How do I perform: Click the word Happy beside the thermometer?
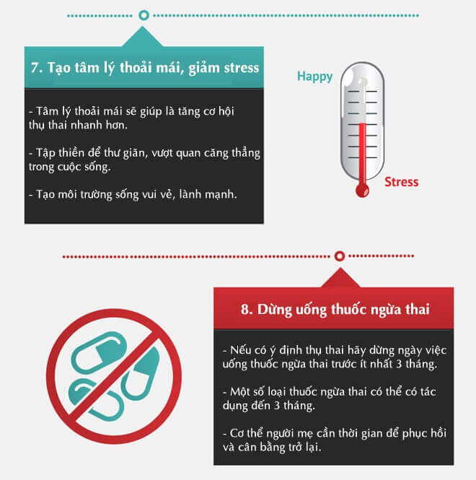click(314, 77)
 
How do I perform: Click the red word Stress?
click(402, 182)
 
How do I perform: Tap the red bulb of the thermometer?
click(363, 191)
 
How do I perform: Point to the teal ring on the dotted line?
click(144, 15)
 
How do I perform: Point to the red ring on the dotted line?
click(340, 256)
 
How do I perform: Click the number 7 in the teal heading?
click(35, 68)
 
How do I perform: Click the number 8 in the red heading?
click(244, 309)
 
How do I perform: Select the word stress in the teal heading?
click(241, 68)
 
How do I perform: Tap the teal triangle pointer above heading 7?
click(143, 37)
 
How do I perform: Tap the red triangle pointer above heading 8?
click(340, 278)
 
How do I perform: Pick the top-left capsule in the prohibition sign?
click(99, 353)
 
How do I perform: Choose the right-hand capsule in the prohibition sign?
click(141, 373)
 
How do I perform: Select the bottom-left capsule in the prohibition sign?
click(95, 399)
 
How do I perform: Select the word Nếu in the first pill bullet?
click(240, 349)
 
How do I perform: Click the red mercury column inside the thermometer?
click(362, 154)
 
